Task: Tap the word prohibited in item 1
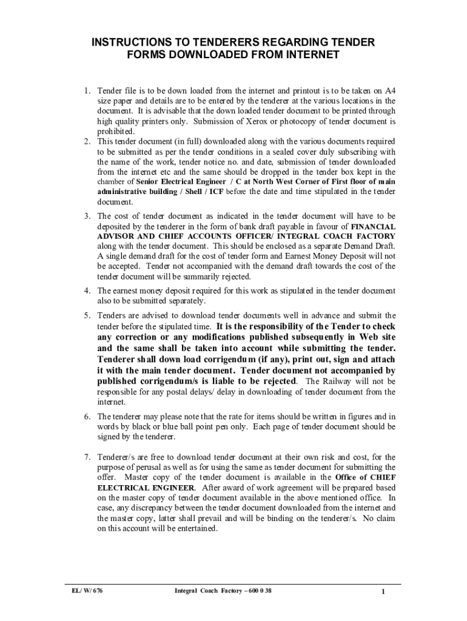[x=116, y=132]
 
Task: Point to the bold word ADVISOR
[x=118, y=236]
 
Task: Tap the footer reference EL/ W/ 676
[x=84, y=591]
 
